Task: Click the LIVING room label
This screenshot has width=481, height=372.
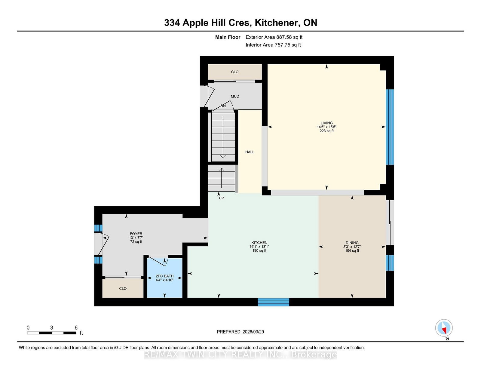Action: [326, 123]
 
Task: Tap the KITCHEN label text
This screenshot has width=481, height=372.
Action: [259, 243]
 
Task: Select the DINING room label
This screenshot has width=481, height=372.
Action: [352, 243]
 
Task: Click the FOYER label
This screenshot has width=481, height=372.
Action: [136, 234]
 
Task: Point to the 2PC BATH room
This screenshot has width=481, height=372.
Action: [164, 278]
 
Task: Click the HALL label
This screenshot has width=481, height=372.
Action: [250, 152]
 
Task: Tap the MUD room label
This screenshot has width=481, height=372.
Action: [235, 97]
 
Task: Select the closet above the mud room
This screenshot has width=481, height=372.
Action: [234, 72]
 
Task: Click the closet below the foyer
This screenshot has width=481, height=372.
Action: [123, 288]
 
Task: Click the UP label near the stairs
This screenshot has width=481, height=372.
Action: [221, 198]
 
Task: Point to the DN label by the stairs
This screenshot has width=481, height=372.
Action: [223, 106]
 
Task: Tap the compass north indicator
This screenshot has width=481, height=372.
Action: [444, 328]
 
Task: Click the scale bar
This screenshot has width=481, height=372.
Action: [51, 333]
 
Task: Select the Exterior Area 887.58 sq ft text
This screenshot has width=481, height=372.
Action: [274, 37]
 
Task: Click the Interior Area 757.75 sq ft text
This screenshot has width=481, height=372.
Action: [273, 45]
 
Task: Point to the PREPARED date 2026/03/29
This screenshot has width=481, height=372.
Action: [240, 332]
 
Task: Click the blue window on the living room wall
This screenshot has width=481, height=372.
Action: [390, 127]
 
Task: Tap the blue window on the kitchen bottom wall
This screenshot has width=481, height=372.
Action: [273, 302]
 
